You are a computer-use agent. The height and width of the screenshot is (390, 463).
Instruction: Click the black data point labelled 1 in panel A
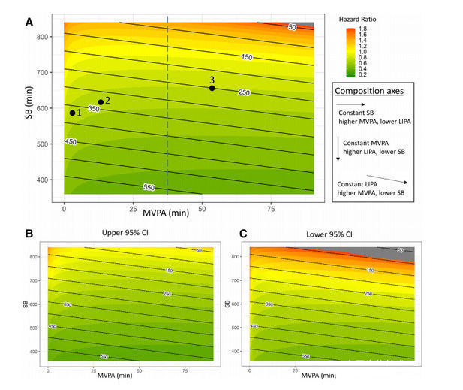pos(73,113)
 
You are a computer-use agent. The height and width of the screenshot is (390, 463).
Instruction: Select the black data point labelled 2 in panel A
pos(101,102)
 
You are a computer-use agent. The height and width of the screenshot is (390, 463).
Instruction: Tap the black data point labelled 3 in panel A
pos(212,88)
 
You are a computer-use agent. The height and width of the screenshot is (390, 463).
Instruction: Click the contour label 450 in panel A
pos(71,141)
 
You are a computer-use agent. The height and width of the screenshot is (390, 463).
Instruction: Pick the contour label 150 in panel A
pos(247,57)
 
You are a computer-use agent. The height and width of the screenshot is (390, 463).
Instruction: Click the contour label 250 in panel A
pos(243,92)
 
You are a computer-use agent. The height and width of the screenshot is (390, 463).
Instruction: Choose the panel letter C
pos(242,233)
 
